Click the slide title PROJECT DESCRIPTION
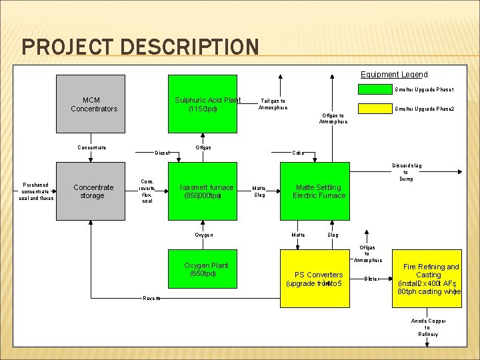tap(140, 47)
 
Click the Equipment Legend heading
tap(394, 75)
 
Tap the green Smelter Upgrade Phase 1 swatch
tap(376, 89)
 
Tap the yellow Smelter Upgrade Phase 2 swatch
tap(376, 108)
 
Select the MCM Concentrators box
tap(91, 104)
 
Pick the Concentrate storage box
tap(91, 191)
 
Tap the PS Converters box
tap(315, 278)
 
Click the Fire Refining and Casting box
tap(429, 279)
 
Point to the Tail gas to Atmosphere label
tap(273, 104)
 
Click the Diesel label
tap(162, 153)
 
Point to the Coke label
tap(299, 153)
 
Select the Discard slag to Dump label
tap(406, 172)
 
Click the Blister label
tap(371, 278)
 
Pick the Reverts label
tap(152, 298)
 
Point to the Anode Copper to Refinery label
tap(428, 327)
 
